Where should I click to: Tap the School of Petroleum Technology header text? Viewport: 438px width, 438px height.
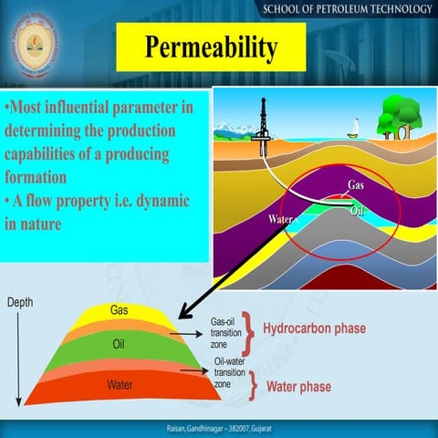(346, 10)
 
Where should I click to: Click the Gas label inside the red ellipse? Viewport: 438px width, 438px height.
(357, 185)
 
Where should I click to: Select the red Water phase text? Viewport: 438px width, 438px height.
(298, 386)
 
